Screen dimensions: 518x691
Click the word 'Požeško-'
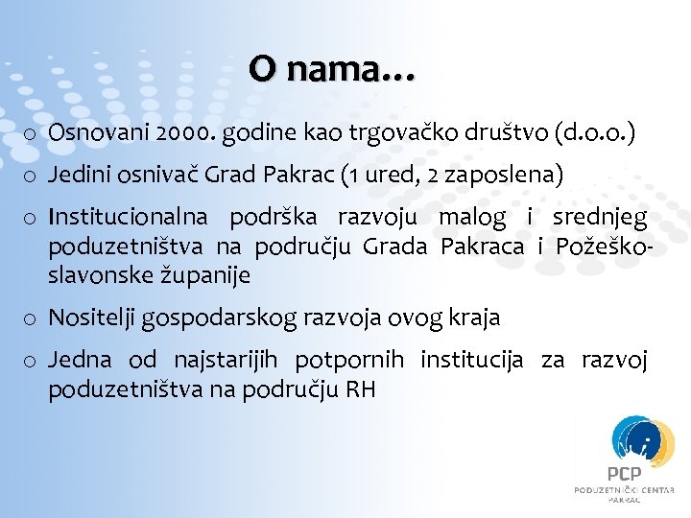(606, 247)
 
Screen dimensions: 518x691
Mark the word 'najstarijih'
(225, 361)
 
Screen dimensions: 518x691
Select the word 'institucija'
(472, 361)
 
